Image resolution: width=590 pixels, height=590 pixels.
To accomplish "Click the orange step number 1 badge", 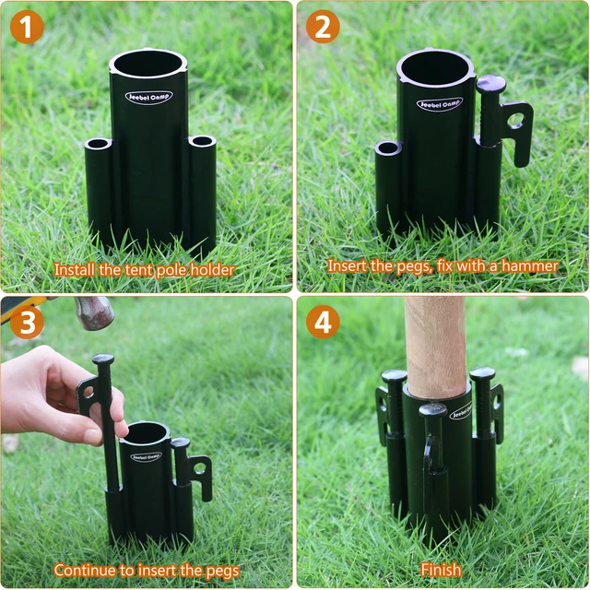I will pyautogui.click(x=28, y=28).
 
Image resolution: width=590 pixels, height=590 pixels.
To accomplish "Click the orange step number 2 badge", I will pyautogui.click(x=323, y=28).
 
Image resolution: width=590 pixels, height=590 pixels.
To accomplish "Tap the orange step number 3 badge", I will pyautogui.click(x=28, y=323).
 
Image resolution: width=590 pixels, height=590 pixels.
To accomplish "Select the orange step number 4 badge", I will pyautogui.click(x=323, y=323).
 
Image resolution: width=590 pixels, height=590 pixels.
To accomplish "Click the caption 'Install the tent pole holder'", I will pyautogui.click(x=144, y=270).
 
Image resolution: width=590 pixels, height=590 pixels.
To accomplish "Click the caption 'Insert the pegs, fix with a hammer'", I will pyautogui.click(x=442, y=265).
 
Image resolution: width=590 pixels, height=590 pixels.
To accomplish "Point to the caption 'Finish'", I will pyautogui.click(x=441, y=570).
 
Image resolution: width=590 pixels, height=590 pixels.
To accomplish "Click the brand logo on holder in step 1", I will pyautogui.click(x=148, y=97).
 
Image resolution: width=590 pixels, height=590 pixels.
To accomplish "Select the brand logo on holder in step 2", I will pyautogui.click(x=439, y=104).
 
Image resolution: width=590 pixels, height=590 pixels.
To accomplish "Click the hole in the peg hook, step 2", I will pyautogui.click(x=514, y=120).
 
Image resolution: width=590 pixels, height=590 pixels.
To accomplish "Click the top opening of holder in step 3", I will pyautogui.click(x=146, y=431).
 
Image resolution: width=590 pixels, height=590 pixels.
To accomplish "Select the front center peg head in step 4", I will pyautogui.click(x=433, y=410).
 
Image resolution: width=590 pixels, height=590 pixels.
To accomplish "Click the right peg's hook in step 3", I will pyautogui.click(x=195, y=470).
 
